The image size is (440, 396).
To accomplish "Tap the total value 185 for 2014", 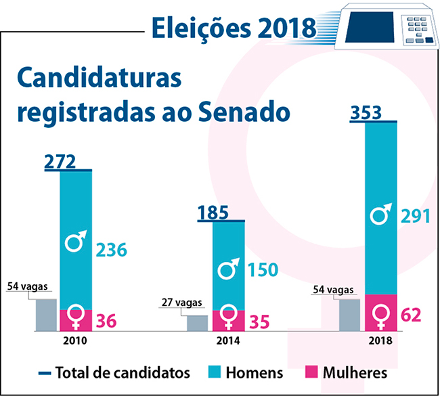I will (212, 213).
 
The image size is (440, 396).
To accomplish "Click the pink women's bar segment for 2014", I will (228, 320).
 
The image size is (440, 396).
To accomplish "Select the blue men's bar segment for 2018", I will (380, 203).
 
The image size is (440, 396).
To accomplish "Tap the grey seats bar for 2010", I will (46, 314).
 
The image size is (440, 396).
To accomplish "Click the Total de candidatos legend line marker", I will (45, 373).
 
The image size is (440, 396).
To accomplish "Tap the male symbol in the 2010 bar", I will (76, 240).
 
